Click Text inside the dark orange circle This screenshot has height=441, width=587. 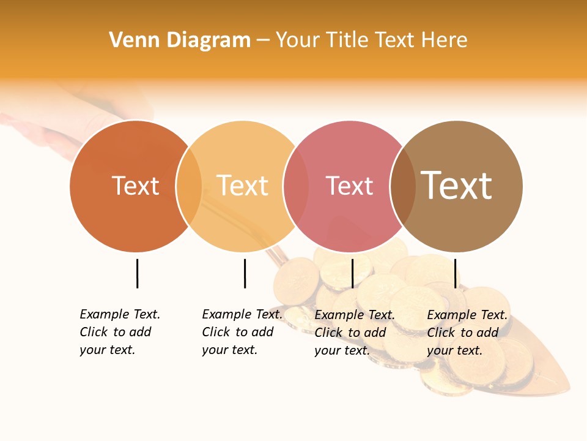135,186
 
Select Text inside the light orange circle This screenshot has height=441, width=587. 242,186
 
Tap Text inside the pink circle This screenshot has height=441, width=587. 349,186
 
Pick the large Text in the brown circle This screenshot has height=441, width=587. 457,185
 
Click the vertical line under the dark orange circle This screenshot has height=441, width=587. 137,273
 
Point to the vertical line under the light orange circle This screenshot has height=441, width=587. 245,273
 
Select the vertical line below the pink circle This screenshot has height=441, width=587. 352,273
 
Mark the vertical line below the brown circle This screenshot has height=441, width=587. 455,273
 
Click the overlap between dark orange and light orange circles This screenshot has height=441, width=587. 189,186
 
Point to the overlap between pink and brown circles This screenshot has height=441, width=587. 402,186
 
